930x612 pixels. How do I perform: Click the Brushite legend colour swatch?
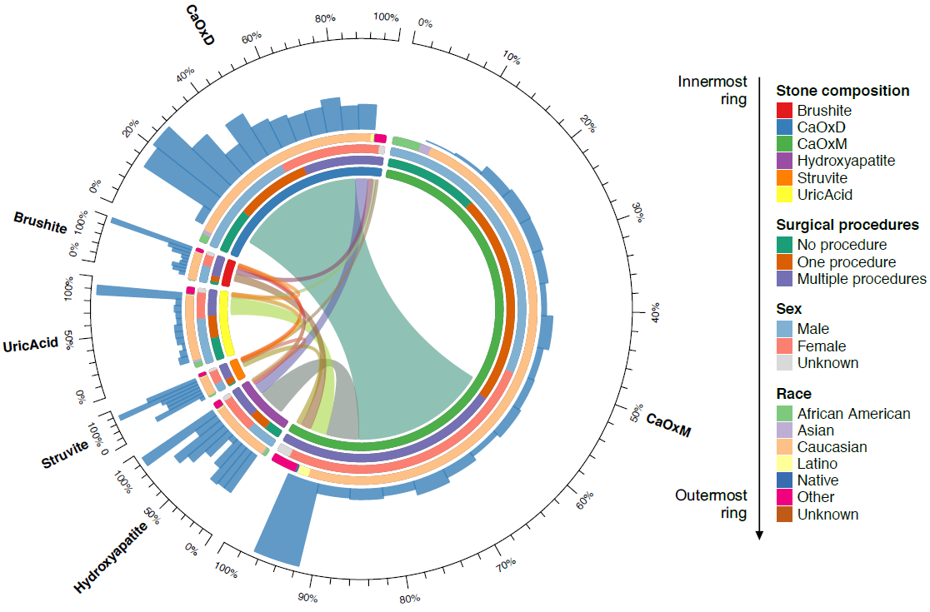(784, 110)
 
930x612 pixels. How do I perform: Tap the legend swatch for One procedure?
(784, 262)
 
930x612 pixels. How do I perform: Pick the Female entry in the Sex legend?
(821, 346)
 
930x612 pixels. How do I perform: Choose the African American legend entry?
(853, 414)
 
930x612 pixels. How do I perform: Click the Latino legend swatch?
(784, 464)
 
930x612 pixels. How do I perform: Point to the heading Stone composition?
(842, 91)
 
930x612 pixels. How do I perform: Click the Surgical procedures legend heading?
(847, 225)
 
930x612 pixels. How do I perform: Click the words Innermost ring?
(712, 90)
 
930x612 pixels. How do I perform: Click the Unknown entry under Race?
(827, 515)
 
